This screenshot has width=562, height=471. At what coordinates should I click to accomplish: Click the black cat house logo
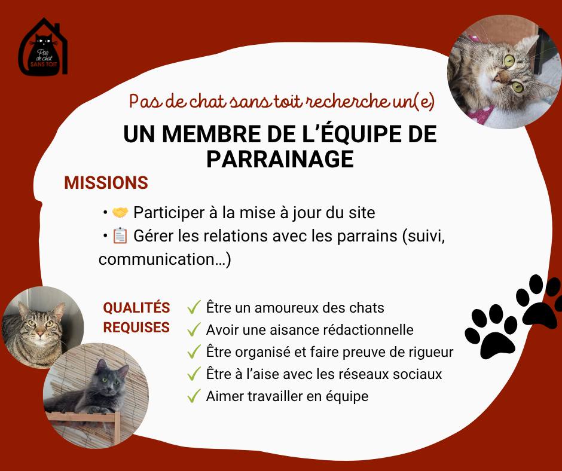coord(43,47)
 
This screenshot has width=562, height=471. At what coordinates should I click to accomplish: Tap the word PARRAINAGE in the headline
coord(280,159)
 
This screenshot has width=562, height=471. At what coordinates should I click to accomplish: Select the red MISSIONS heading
coord(106,183)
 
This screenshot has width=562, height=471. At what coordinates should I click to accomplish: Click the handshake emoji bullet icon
coord(120,213)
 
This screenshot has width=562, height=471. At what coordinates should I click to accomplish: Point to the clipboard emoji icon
coord(120,236)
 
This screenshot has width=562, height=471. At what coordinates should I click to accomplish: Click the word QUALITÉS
coord(136,308)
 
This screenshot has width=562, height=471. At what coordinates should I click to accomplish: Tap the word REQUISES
coord(136,328)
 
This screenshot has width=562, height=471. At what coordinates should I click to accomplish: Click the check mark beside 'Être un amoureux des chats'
coord(194,307)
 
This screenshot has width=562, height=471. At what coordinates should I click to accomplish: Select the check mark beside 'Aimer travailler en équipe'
coord(194,396)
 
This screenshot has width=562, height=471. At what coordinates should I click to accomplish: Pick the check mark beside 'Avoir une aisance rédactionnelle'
coord(194,329)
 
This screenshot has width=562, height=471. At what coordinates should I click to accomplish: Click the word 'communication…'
coord(165,259)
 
